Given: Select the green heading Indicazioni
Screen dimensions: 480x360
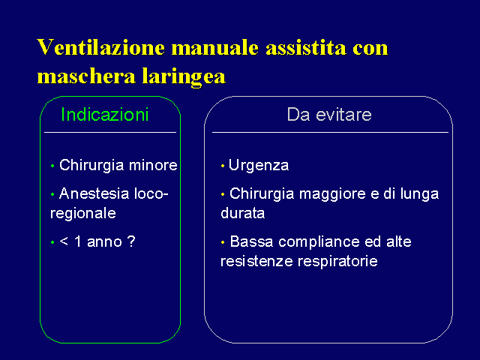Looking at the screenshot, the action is [x=105, y=114].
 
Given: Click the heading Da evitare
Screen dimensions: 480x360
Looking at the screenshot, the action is [x=329, y=115].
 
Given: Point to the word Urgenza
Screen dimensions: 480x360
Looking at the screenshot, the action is [x=259, y=166].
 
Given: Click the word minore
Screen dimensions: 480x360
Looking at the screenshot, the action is [x=153, y=165].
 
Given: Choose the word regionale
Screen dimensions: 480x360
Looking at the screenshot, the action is [x=83, y=214].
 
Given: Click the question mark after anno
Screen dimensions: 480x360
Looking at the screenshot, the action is [x=131, y=241].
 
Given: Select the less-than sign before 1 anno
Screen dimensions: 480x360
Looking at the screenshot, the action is [x=64, y=241].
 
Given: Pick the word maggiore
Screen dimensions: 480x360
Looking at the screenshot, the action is [x=332, y=194].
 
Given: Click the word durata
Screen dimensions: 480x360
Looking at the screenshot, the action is [x=243, y=213].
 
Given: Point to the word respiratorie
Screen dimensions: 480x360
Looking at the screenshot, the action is [x=337, y=262].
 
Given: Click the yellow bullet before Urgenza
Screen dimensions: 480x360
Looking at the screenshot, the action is [x=223, y=166].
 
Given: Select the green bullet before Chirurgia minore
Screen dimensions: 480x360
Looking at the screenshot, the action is [x=52, y=166].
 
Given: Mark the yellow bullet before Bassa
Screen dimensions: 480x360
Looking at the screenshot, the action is [x=223, y=242].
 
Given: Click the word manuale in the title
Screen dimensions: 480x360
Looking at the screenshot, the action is [x=214, y=48].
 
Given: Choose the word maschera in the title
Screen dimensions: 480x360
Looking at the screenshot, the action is [x=86, y=76].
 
